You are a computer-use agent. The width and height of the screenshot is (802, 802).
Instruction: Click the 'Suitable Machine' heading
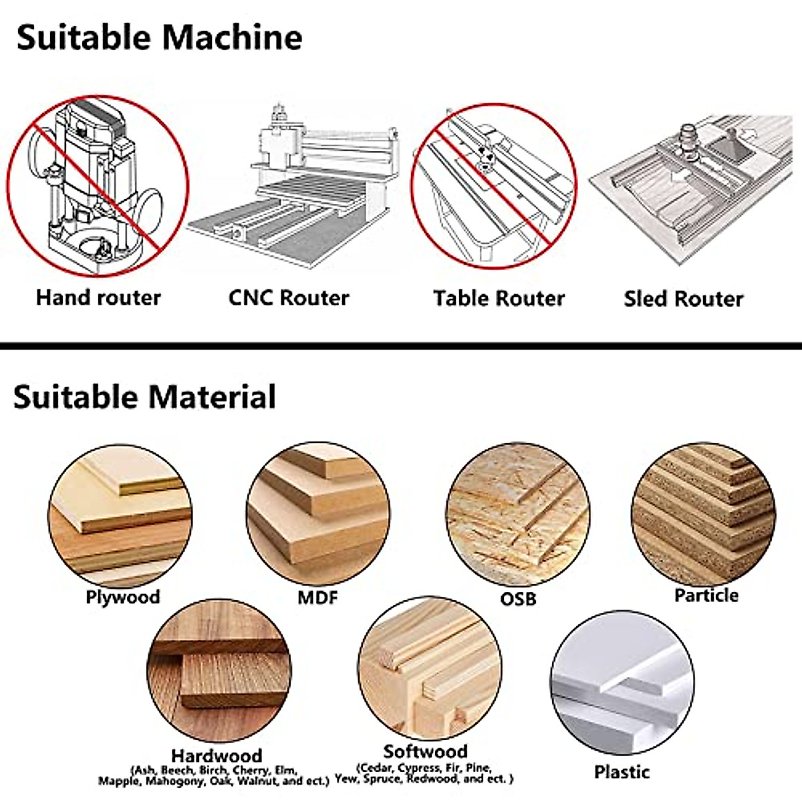[159, 37]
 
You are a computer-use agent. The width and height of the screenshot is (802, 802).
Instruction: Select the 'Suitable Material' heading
[144, 397]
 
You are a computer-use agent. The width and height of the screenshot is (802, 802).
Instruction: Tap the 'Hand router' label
[98, 297]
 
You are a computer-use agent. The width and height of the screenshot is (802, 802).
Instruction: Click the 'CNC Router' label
[289, 297]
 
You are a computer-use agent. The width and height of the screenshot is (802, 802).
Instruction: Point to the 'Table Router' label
[499, 298]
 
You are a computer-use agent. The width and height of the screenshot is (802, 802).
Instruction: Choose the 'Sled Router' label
[683, 299]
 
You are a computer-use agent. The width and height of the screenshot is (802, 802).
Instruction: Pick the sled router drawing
[695, 187]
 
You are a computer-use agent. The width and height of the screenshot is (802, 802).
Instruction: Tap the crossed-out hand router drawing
[98, 186]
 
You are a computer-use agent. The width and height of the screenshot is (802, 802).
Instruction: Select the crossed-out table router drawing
[493, 186]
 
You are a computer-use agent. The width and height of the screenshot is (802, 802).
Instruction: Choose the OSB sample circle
[518, 515]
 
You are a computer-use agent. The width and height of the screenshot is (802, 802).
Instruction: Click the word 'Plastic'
[622, 772]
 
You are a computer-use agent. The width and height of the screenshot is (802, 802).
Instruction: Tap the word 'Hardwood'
[216, 756]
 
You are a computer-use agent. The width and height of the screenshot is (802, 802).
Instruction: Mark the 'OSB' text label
[518, 598]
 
